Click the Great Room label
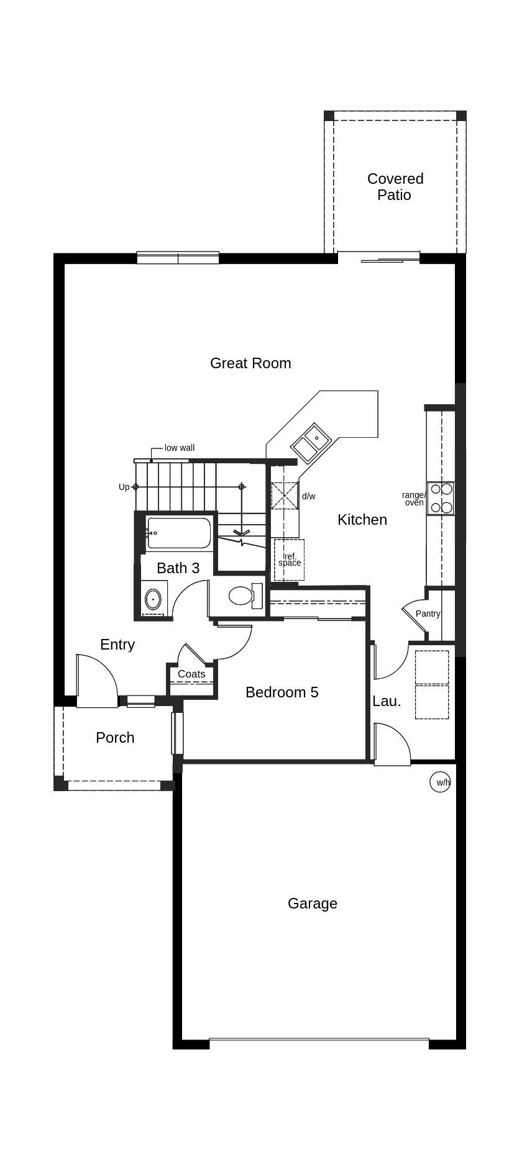[250, 363]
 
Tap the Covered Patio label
[395, 187]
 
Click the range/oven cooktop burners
[441, 498]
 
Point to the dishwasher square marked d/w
[285, 496]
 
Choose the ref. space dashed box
[289, 560]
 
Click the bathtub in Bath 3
[179, 533]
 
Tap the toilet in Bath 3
[245, 596]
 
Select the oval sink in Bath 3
[153, 600]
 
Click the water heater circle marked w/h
[441, 782]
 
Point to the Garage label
[313, 904]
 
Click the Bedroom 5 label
[282, 692]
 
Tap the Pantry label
[428, 614]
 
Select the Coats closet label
[191, 674]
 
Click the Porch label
[115, 738]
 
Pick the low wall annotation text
[180, 448]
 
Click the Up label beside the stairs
[124, 487]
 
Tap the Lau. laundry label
[387, 701]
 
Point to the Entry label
[117, 645]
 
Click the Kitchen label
[362, 520]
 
